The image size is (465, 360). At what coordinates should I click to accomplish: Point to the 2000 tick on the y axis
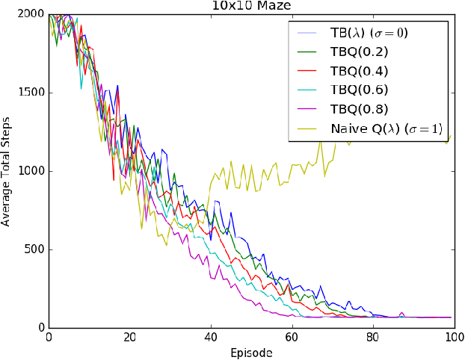32,15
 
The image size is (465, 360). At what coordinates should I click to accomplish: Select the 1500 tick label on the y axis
32,93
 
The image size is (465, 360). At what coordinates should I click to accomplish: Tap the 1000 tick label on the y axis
32,171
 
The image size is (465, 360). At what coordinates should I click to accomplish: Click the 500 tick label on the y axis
35,249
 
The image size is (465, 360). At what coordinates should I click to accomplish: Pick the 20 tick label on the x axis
129,337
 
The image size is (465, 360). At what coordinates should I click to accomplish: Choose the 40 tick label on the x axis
210,337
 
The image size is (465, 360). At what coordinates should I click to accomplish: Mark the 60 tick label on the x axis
291,337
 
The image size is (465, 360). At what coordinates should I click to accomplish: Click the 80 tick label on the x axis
372,337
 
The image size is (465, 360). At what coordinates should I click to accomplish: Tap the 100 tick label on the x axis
452,337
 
